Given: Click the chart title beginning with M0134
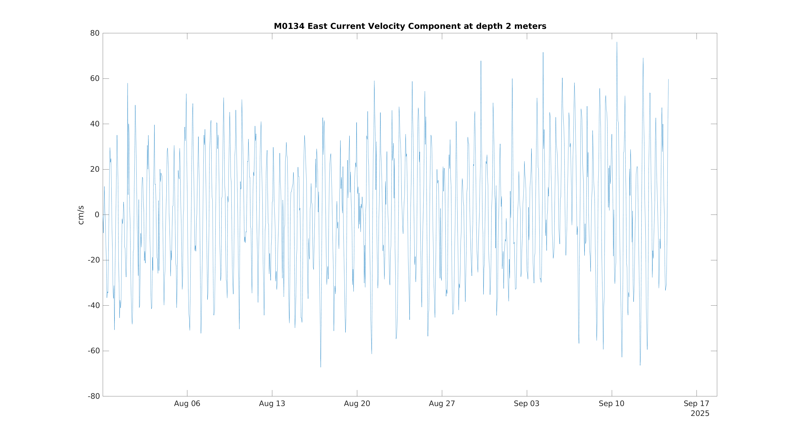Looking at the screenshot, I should pyautogui.click(x=410, y=27).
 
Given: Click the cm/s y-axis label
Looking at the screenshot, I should pyautogui.click(x=81, y=215).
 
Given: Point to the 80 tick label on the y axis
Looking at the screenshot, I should pyautogui.click(x=95, y=33).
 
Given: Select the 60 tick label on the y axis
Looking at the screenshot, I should pyautogui.click(x=95, y=79).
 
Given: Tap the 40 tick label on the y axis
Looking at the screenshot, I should pyautogui.click(x=95, y=124).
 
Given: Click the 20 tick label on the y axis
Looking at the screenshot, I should pyautogui.click(x=95, y=169).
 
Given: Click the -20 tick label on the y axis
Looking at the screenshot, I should pyautogui.click(x=93, y=260).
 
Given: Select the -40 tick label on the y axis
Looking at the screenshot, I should pyautogui.click(x=93, y=306).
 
